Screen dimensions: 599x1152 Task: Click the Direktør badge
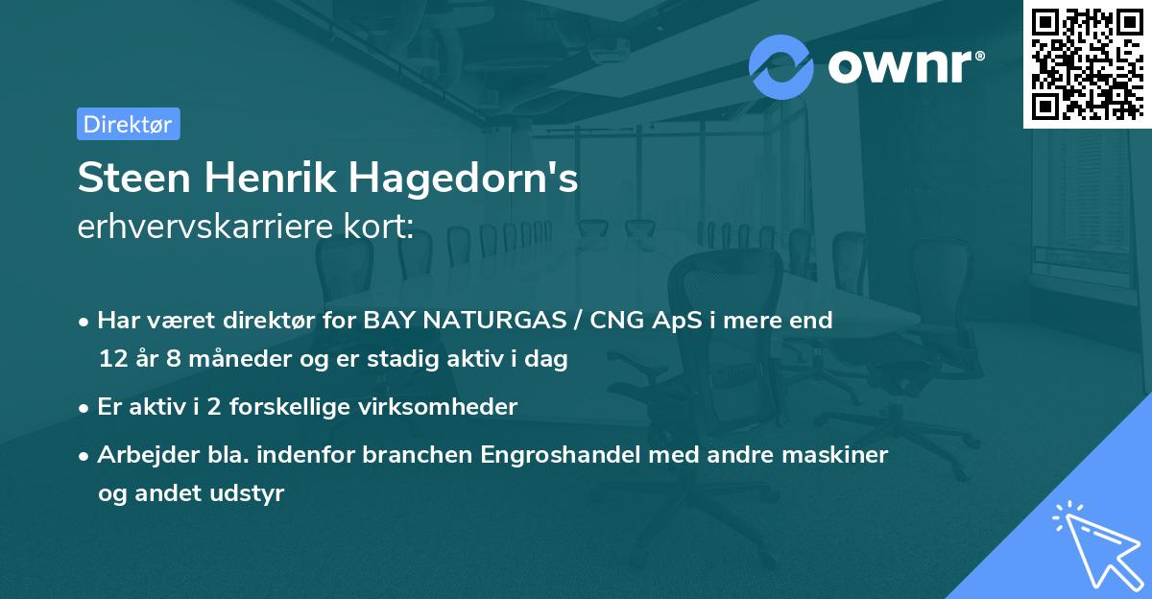[x=129, y=124]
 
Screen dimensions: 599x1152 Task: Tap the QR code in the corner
[x=1087, y=63]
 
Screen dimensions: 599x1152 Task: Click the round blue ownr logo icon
[x=781, y=66]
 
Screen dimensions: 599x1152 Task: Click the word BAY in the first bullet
[x=388, y=321]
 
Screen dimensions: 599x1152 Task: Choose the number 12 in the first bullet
[x=111, y=360]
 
